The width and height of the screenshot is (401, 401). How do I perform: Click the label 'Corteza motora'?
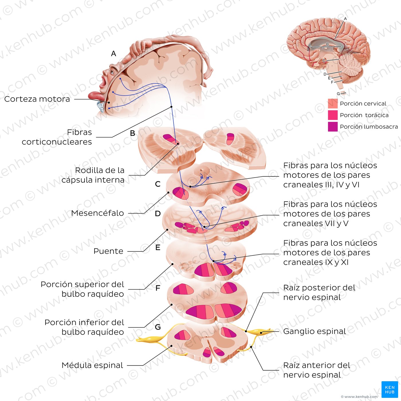point(37,99)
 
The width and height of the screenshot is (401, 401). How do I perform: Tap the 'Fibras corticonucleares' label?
point(57,137)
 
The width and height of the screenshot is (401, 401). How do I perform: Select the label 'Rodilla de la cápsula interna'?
point(93,175)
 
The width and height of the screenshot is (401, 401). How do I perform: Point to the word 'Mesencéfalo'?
point(97,213)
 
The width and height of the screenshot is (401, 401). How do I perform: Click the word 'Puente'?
point(108,251)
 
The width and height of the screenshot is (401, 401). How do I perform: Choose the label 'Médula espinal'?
point(92,365)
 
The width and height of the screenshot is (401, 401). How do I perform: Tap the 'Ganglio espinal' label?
point(314,331)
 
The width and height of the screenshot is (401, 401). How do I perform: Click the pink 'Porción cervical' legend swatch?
point(333,104)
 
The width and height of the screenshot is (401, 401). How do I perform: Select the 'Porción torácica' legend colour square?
point(333,115)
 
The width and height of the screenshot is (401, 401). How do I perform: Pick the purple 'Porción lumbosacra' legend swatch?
point(333,127)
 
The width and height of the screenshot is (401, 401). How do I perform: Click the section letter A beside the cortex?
point(114,54)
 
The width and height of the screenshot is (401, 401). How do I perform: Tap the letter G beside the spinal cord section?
point(158,327)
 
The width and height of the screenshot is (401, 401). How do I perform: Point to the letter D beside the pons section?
point(158,214)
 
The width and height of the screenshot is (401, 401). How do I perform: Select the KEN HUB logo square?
point(390,390)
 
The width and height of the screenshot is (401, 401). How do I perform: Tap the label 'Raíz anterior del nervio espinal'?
point(317,370)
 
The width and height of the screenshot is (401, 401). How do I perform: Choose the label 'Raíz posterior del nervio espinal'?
point(319,292)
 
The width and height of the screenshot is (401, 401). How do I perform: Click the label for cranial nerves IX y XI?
point(330,253)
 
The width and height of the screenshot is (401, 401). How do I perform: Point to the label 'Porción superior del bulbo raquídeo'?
point(82,289)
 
